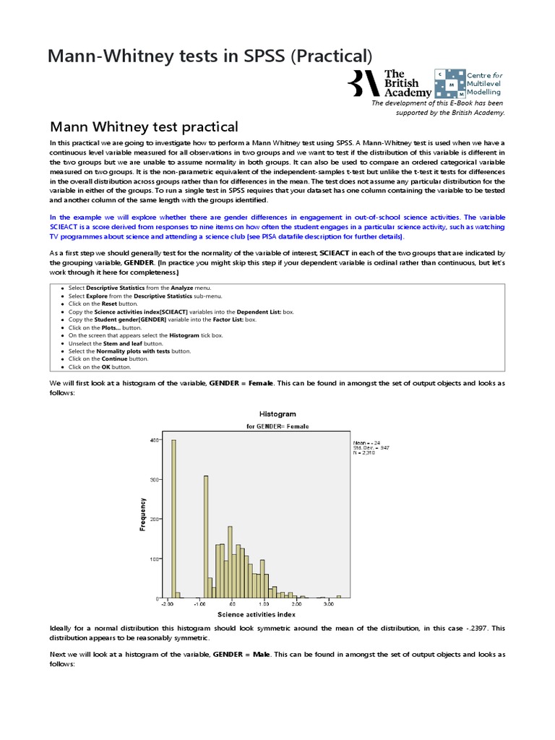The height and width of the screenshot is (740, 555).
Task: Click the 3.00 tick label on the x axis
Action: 328,603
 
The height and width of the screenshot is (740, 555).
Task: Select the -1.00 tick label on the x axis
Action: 199,603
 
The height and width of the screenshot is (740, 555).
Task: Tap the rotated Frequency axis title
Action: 143,515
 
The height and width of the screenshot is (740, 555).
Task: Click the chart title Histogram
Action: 277,414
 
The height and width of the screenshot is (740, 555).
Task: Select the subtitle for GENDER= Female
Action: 277,426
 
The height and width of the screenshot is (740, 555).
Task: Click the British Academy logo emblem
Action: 363,83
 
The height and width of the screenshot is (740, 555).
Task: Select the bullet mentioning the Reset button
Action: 100,304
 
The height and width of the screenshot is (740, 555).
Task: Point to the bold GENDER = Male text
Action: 239,653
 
